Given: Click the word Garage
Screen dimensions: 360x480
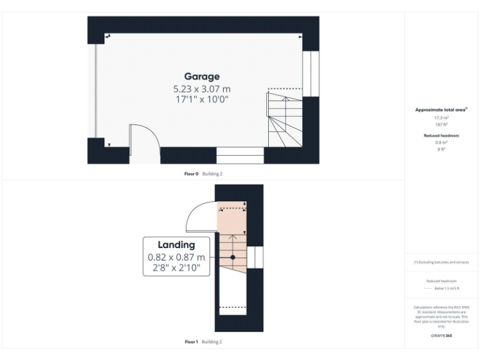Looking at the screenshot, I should tap(201, 76).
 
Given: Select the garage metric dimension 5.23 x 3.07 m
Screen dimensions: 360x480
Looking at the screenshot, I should tap(201, 89).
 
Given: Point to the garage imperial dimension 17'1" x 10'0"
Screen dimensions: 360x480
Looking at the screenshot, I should tap(201, 99).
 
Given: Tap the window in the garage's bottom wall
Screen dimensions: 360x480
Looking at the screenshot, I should tap(240, 155).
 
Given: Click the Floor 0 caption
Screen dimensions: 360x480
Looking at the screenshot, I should tap(191, 174).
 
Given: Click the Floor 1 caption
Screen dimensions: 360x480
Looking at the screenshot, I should tap(191, 342).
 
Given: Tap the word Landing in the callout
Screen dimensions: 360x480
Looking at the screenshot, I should tap(176, 245).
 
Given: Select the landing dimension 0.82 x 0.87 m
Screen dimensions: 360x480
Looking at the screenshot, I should tap(176, 257).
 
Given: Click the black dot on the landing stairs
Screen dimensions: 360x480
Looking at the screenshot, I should tap(232, 257).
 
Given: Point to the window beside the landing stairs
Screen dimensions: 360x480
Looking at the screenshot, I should tap(255, 257).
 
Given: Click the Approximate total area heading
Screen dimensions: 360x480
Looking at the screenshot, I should tap(441, 109).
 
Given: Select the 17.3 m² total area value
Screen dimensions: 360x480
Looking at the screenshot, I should tap(441, 117).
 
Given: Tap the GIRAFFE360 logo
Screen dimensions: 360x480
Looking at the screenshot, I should tap(441, 336).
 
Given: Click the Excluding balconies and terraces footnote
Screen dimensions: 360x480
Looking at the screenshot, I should tap(441, 262).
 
